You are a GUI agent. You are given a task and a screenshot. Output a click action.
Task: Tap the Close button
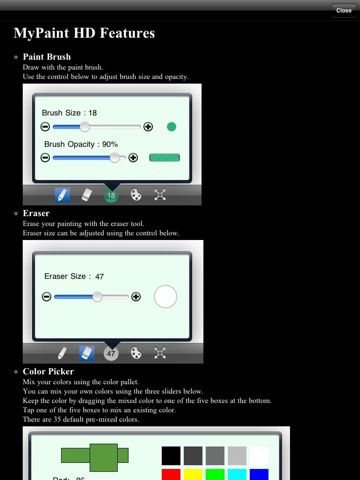pos(344,10)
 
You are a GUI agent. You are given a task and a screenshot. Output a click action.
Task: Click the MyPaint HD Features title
pos(84,33)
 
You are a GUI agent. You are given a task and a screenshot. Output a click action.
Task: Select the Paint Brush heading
pos(47,57)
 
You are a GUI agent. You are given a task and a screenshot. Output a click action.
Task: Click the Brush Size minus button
pos(45,127)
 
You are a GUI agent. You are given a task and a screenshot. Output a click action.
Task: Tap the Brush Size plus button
pos(148,127)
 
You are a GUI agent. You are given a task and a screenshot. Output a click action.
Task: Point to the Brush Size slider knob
pos(85,126)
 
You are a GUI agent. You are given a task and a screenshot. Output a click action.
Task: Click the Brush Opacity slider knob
pos(115,157)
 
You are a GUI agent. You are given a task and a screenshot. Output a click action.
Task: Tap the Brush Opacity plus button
pos(133,158)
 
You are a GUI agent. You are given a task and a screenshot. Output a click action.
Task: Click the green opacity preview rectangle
pos(164,158)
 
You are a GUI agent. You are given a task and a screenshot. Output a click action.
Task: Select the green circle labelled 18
pos(111,195)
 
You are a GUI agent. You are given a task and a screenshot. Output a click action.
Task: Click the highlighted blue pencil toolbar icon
pos(63,195)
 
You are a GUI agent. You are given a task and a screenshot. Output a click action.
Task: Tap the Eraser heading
pos(36,213)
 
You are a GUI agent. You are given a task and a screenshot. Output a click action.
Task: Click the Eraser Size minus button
pos(47,297)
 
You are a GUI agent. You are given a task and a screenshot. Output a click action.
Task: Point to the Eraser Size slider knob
pos(97,296)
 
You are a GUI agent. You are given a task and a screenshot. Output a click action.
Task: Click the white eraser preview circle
pos(165,296)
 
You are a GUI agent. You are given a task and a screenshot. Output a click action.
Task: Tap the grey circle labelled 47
pos(111,353)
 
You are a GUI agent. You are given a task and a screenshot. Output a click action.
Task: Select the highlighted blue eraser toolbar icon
pos(87,353)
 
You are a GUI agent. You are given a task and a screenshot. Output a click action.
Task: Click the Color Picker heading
pos(48,371)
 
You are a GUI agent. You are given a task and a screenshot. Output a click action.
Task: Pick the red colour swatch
pos(171,474)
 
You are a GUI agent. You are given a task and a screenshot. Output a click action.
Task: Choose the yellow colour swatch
pos(193,474)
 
